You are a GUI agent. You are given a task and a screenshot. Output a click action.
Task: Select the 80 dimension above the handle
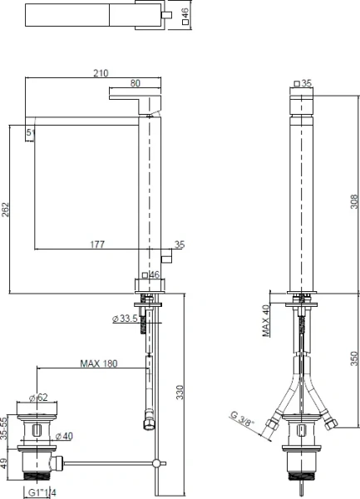click(135, 83)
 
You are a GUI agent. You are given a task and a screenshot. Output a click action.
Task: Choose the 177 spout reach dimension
click(96, 244)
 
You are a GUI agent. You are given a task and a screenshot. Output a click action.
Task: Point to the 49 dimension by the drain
click(6, 462)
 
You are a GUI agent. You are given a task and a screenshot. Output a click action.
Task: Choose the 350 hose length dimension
click(353, 358)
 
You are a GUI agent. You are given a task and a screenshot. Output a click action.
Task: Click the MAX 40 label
click(266, 319)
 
